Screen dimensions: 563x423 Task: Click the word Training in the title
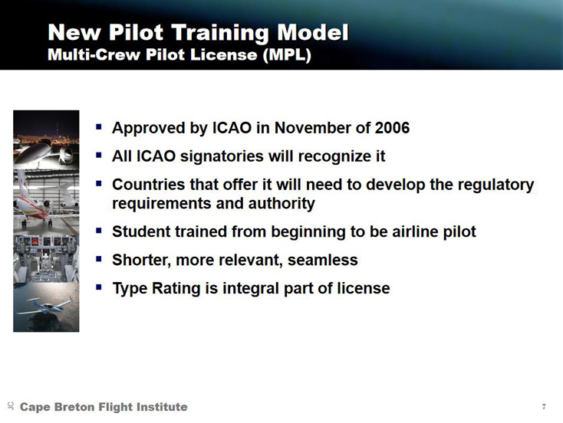(220, 34)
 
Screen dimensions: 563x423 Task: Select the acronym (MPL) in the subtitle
(287, 55)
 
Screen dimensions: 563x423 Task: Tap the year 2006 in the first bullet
(392, 128)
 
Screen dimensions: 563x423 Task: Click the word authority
(281, 204)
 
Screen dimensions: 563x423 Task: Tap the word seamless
(322, 260)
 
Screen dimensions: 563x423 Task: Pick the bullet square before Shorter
(99, 258)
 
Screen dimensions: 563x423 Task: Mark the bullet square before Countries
(99, 183)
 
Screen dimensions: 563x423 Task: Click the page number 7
(544, 406)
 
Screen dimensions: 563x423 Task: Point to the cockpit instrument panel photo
(46, 259)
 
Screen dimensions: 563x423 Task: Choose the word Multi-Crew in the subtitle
(94, 55)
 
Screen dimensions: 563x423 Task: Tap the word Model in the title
(312, 34)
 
